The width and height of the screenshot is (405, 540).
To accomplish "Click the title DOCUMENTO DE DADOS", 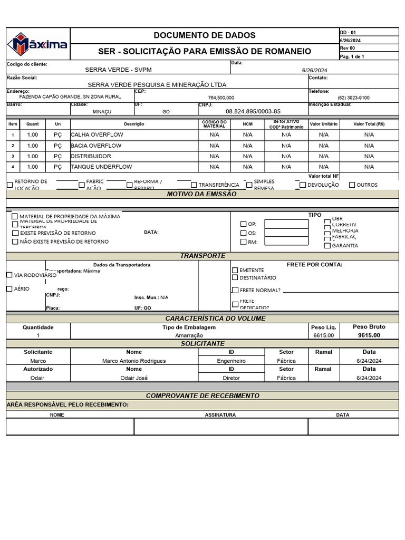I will point(204,35).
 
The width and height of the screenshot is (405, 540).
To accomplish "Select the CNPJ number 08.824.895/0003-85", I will point(253,111).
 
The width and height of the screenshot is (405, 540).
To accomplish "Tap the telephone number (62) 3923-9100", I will point(353,98).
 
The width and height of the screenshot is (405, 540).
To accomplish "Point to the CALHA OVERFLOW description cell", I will point(97,135).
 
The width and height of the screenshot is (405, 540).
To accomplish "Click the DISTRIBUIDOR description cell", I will point(91,156).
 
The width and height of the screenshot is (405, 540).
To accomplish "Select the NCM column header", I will point(247,124).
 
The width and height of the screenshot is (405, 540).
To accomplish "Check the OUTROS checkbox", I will point(352,185).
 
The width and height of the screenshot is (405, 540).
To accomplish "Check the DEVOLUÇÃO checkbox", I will point(303,185).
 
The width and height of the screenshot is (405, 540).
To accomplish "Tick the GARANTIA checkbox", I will point(327,245).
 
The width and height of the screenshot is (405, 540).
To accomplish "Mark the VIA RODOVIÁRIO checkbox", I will point(9,275).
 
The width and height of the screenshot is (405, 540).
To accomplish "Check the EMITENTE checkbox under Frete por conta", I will point(235,270).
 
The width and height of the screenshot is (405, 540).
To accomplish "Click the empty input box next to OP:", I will point(286,224).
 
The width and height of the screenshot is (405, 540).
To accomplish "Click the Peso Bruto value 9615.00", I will point(369,335).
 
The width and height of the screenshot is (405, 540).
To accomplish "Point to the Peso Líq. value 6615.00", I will point(323,335).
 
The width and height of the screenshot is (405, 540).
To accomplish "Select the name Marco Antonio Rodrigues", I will point(134,361).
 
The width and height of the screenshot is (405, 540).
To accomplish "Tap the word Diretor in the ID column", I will point(231,378).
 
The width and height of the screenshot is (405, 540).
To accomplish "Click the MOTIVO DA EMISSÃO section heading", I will point(202,194).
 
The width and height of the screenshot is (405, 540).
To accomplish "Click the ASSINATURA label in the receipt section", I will point(220,415).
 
